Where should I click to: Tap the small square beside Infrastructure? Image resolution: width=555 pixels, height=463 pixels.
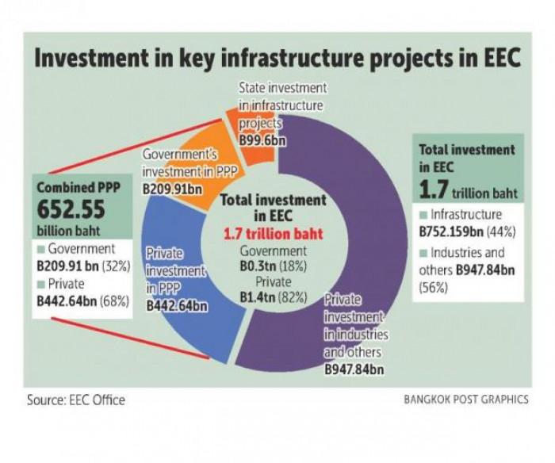pos(423,214)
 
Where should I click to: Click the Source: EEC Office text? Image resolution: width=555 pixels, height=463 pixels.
pos(76,400)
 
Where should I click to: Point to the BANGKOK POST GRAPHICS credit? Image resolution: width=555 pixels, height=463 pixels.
pos(465,400)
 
